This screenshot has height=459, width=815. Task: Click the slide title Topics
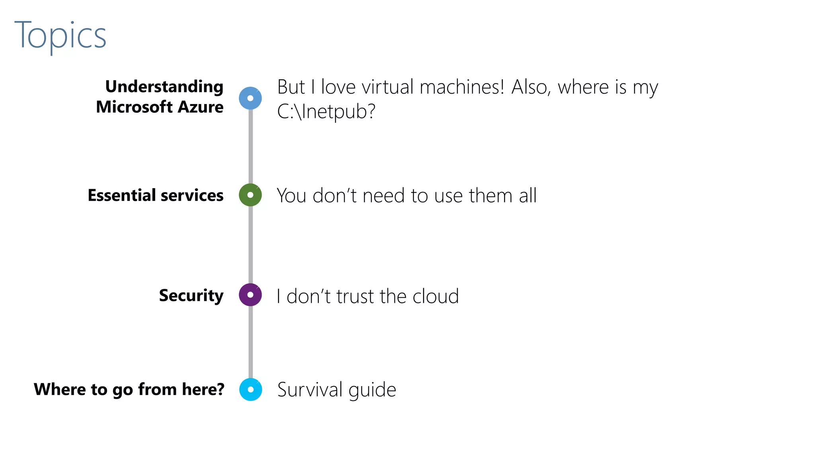click(60, 35)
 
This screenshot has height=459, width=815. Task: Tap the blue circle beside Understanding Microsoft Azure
click(250, 98)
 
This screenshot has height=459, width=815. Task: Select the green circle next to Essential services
click(250, 195)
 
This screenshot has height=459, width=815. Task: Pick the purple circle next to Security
click(250, 295)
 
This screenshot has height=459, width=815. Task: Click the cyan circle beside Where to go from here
click(251, 389)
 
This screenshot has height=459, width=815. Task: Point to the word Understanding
click(164, 87)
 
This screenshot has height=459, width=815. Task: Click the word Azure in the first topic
click(201, 107)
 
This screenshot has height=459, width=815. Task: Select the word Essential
click(121, 195)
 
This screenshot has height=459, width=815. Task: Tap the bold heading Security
click(191, 296)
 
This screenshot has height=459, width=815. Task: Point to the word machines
click(461, 87)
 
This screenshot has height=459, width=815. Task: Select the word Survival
click(310, 389)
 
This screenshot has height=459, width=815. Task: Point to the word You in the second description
click(292, 195)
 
